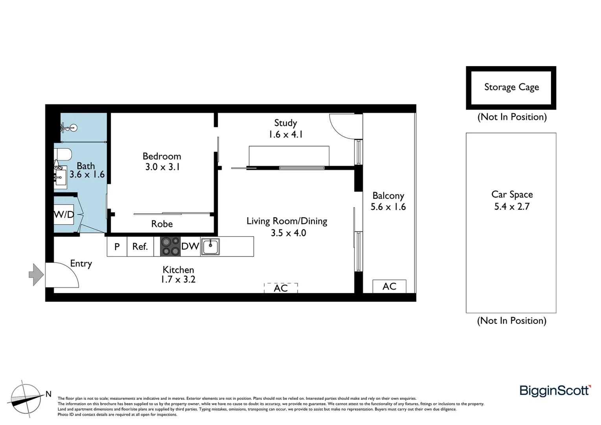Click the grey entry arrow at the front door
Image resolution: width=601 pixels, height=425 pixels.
click(x=36, y=274)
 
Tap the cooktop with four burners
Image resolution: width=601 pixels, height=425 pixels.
click(x=170, y=246)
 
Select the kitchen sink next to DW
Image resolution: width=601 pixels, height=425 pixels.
click(x=210, y=247)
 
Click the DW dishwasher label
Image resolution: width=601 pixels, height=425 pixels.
click(x=190, y=246)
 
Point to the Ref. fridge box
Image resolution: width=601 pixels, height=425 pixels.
click(x=140, y=247)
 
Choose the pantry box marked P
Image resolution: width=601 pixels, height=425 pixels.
click(x=117, y=247)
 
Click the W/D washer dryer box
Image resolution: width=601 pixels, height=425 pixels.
click(x=64, y=214)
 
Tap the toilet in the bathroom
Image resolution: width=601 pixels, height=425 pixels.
click(x=63, y=154)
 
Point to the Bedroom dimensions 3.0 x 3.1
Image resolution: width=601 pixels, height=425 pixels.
click(x=162, y=167)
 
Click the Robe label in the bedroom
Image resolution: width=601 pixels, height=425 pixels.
click(x=162, y=224)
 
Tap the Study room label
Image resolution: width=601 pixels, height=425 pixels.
click(x=286, y=123)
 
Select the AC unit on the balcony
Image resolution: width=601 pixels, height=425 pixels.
click(x=389, y=286)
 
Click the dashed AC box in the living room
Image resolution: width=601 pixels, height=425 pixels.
click(x=281, y=288)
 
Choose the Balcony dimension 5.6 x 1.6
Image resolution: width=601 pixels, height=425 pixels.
click(x=388, y=207)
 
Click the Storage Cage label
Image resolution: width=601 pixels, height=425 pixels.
click(x=511, y=87)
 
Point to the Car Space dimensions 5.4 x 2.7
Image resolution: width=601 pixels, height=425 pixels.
click(x=512, y=207)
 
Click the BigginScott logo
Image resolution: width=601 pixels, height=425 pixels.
click(x=555, y=391)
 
